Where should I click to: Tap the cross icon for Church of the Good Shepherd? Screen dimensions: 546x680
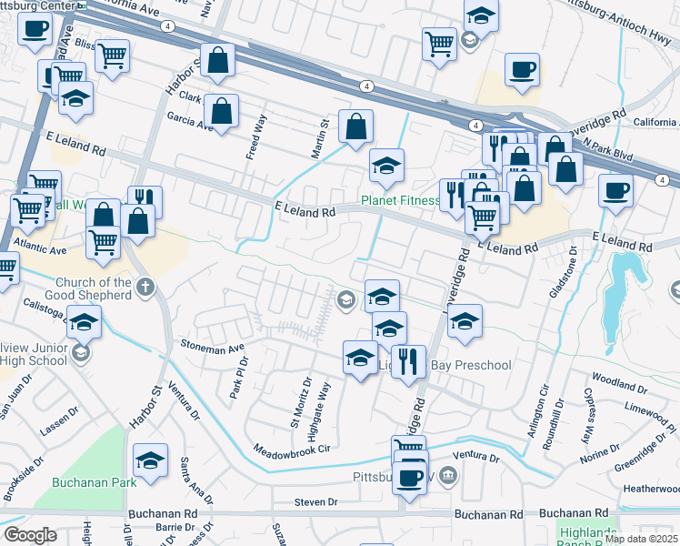(145, 288)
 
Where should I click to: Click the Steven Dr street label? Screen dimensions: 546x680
(315, 501)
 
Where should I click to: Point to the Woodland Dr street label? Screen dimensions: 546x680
(618, 376)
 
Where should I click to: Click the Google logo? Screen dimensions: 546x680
(30, 535)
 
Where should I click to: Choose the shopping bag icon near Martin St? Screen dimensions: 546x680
(355, 126)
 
